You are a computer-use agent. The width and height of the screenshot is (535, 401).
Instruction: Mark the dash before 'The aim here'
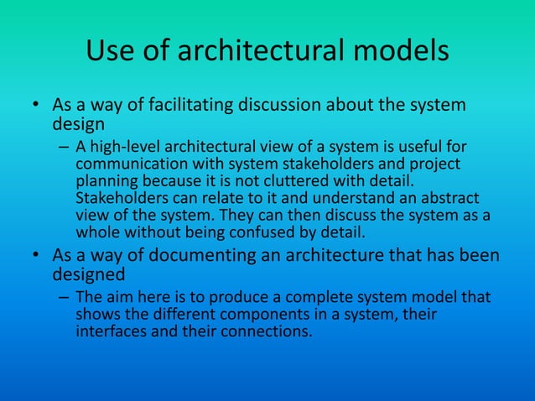click(x=62, y=298)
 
